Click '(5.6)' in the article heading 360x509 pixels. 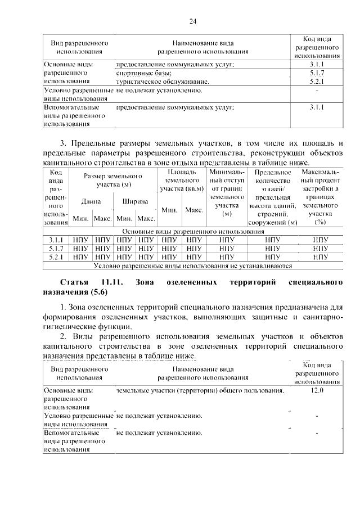[97, 292]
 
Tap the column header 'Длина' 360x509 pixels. [91, 200]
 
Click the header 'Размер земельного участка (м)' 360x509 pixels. [112, 180]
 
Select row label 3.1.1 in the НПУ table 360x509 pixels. [56, 240]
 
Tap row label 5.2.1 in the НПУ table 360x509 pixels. [56, 257]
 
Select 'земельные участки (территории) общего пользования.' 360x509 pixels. [200, 389]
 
